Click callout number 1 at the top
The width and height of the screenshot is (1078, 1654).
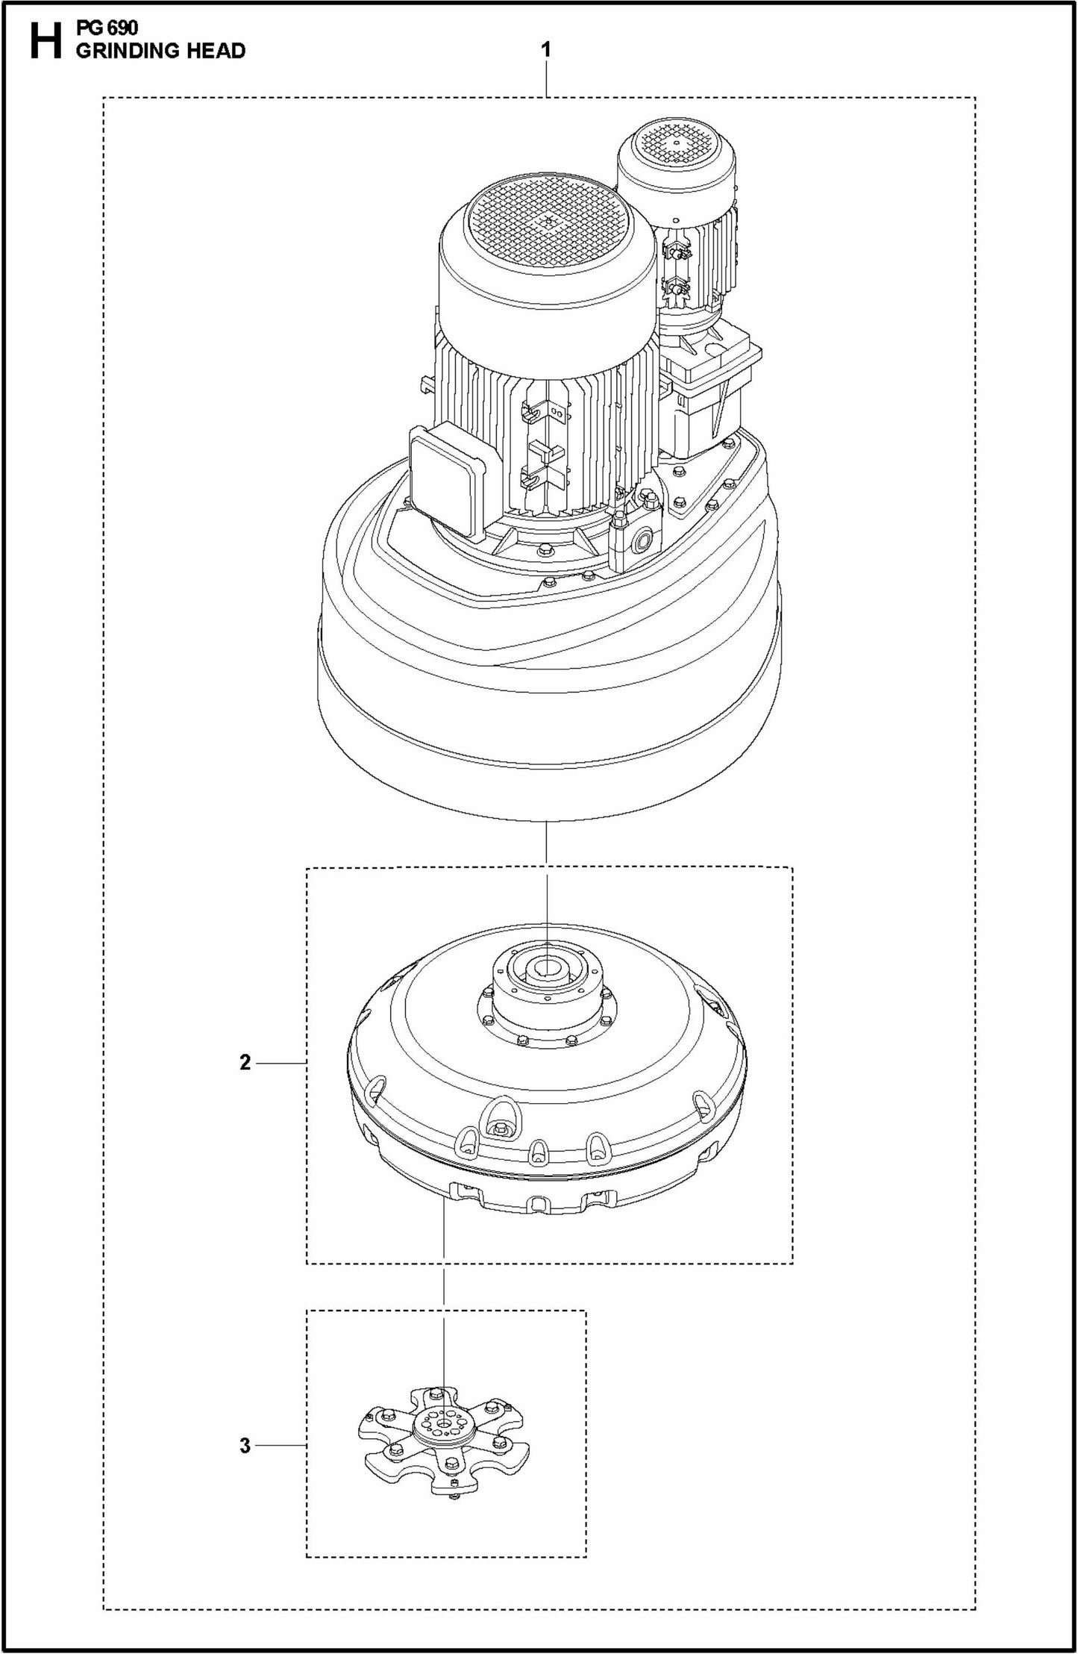pos(547,50)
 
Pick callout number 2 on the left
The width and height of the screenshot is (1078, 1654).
pos(245,1063)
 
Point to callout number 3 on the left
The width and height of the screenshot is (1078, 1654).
pos(245,1446)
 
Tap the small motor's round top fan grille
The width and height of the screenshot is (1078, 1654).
pos(676,142)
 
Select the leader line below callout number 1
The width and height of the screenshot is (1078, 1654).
pos(547,79)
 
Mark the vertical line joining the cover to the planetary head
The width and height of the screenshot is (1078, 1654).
pos(547,843)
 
